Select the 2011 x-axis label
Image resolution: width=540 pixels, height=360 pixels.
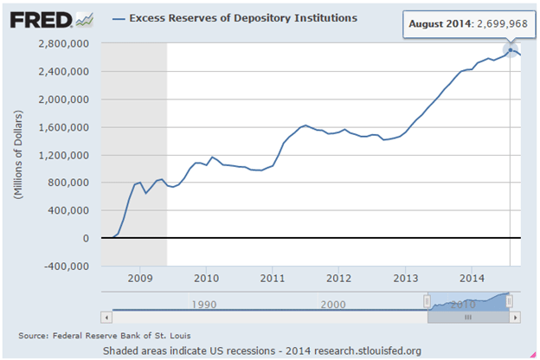273,279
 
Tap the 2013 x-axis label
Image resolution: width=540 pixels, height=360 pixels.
407,279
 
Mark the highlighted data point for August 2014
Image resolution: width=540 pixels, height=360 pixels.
511,49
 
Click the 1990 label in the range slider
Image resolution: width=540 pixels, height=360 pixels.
204,304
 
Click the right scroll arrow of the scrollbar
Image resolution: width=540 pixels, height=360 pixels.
515,317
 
